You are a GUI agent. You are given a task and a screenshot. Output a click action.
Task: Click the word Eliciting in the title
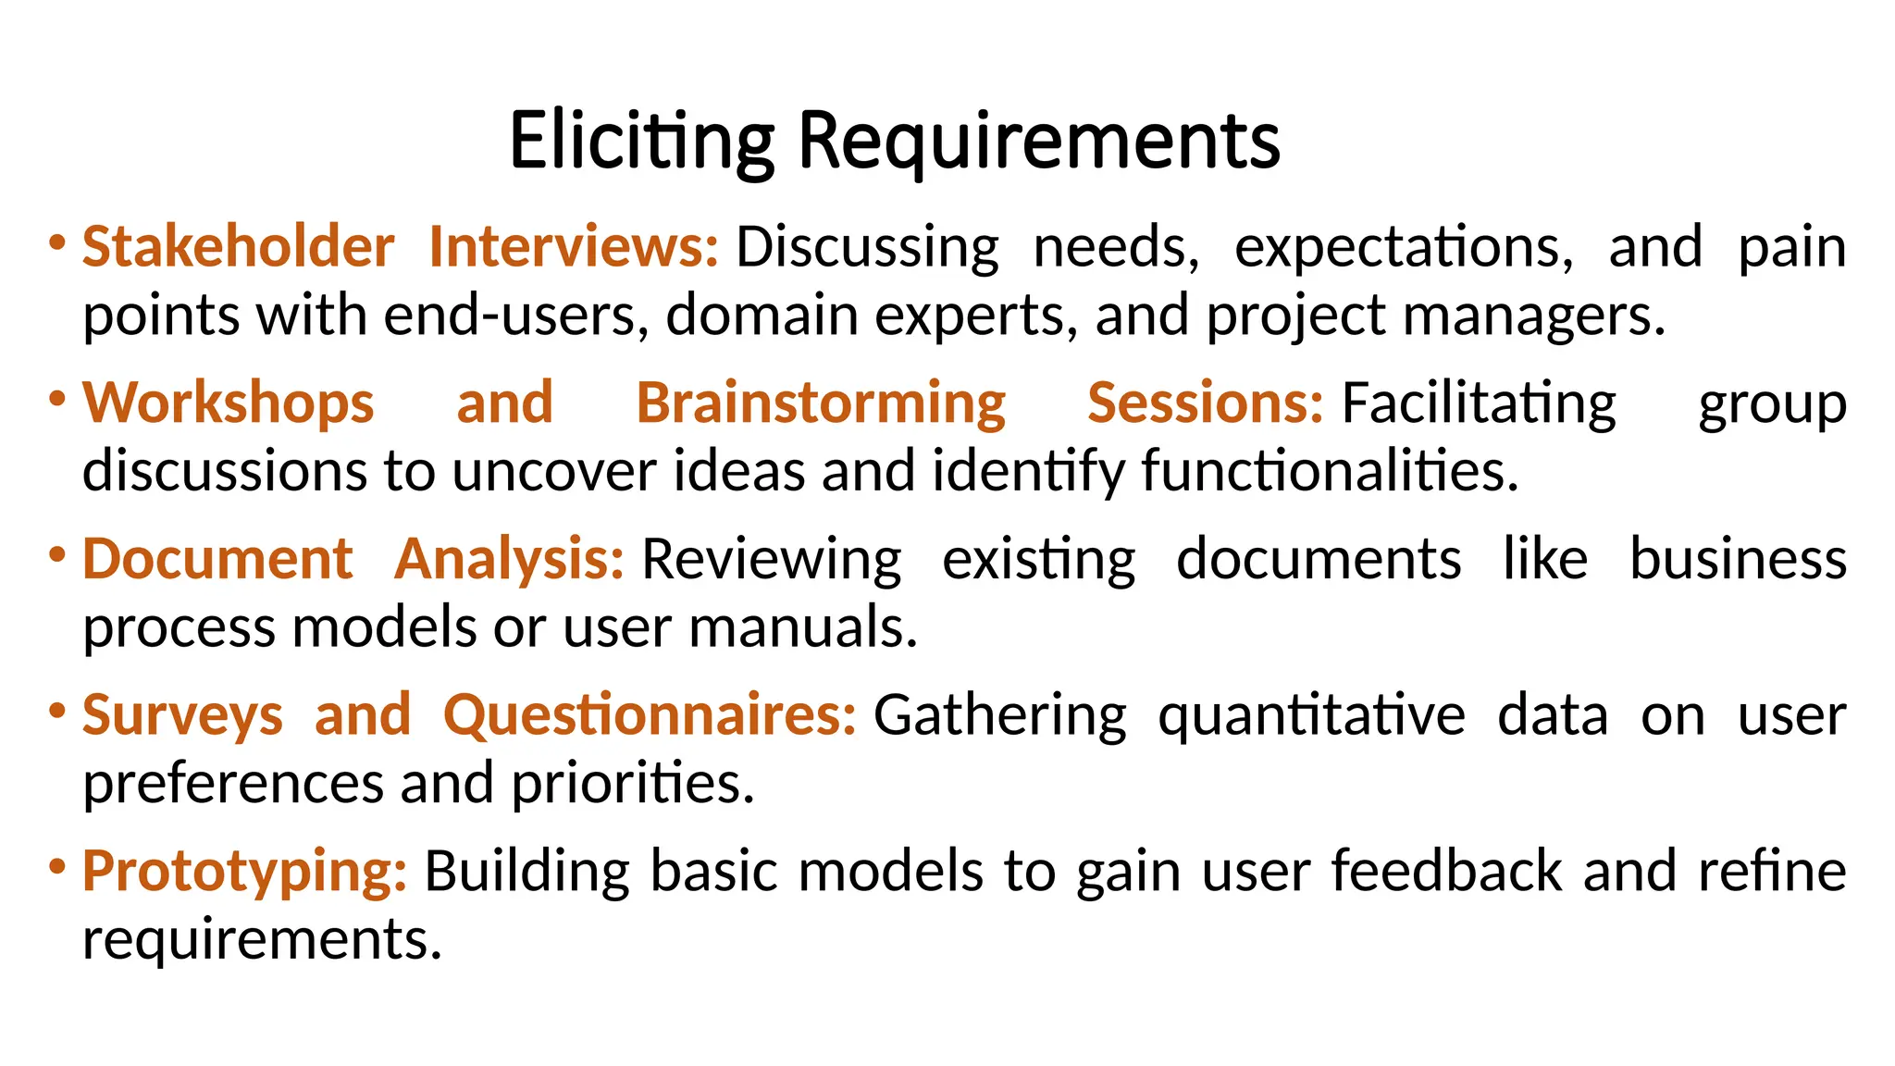pyautogui.click(x=641, y=141)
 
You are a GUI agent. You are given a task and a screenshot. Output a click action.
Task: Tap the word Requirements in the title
pyautogui.click(x=1038, y=141)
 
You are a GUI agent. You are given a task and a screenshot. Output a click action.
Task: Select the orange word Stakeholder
pyautogui.click(x=239, y=247)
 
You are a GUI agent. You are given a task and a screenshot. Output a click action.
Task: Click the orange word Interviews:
pyautogui.click(x=574, y=247)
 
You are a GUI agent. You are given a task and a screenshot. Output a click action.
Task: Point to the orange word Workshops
pyautogui.click(x=229, y=403)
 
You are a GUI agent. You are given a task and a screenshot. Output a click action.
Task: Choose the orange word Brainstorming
pyautogui.click(x=821, y=403)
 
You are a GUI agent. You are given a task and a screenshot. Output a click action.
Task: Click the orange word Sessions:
pyautogui.click(x=1205, y=403)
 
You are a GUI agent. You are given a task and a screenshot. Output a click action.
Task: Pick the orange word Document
pyautogui.click(x=217, y=559)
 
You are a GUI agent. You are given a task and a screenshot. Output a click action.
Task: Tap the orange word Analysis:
pyautogui.click(x=509, y=559)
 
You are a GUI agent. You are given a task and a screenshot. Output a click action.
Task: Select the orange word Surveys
pyautogui.click(x=182, y=715)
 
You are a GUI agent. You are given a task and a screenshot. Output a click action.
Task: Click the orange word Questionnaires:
pyautogui.click(x=650, y=715)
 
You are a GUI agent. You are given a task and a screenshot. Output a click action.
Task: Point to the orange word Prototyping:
pyautogui.click(x=244, y=872)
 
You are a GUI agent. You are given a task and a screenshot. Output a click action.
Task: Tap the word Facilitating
pyautogui.click(x=1479, y=403)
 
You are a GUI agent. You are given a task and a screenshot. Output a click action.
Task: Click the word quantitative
pyautogui.click(x=1311, y=715)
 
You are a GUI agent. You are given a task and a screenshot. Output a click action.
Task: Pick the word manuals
pyautogui.click(x=802, y=627)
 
